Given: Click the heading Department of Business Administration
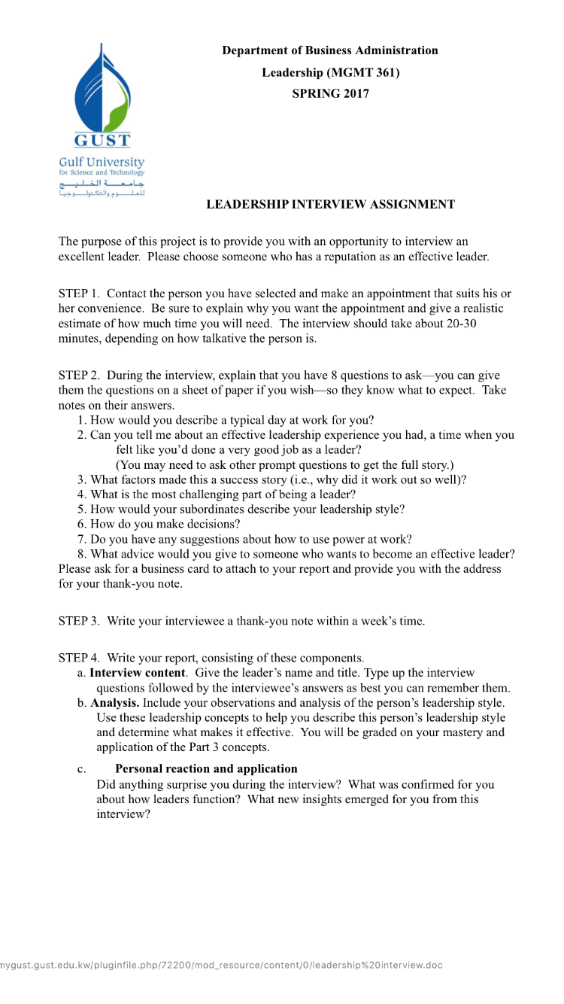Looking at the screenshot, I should pos(329,50).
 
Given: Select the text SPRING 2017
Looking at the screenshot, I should pos(330,94).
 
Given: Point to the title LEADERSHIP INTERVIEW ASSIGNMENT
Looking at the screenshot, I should pos(330,204).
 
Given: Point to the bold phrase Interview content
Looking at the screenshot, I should pos(138,673).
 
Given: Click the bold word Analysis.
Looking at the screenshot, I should pos(114,703).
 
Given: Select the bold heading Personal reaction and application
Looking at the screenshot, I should pos(206,768).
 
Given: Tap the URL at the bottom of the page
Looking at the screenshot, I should pos(222,965).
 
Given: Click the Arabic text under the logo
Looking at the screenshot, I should pos(102,188).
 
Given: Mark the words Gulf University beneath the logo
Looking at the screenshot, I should pos(102,162).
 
